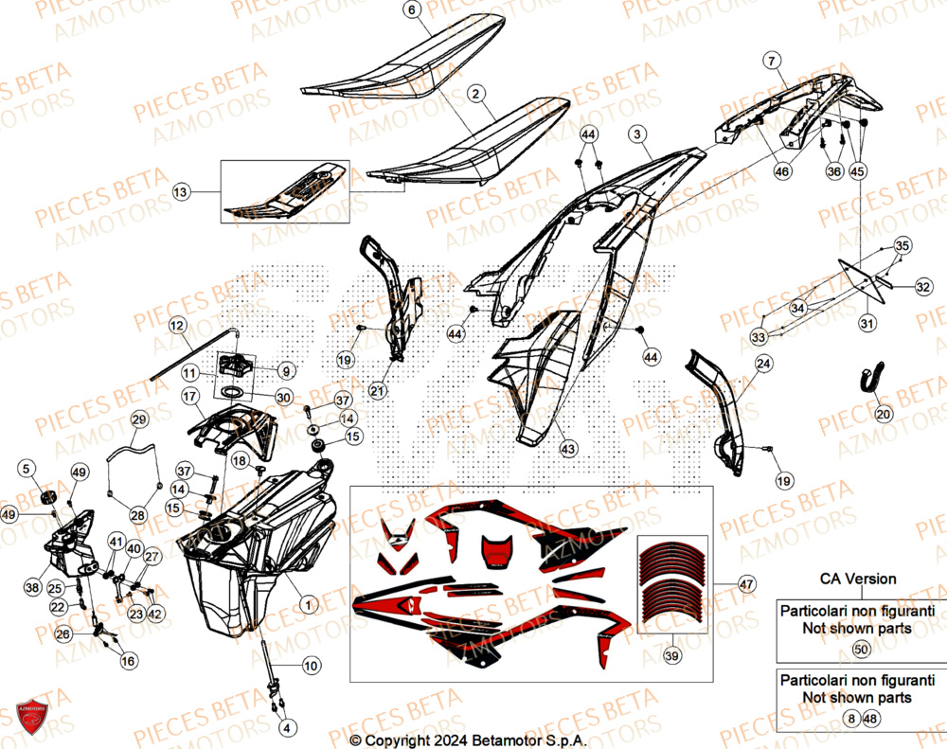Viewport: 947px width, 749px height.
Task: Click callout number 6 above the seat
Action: pos(411,10)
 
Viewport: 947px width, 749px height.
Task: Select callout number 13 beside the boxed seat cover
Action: pos(182,192)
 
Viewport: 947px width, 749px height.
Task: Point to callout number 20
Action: pos(883,414)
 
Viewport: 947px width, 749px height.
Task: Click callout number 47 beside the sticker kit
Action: pos(745,585)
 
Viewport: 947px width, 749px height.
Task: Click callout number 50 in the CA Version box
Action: pos(861,650)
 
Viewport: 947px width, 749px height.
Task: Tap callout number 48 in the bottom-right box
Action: pos(870,720)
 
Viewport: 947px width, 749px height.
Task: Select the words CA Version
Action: pos(858,579)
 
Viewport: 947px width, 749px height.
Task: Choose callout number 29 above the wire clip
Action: pos(138,419)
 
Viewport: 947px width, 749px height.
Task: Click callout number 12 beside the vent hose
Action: pos(177,326)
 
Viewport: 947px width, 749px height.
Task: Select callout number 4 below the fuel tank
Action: pos(287,727)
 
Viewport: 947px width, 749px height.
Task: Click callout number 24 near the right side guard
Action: pos(763,363)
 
